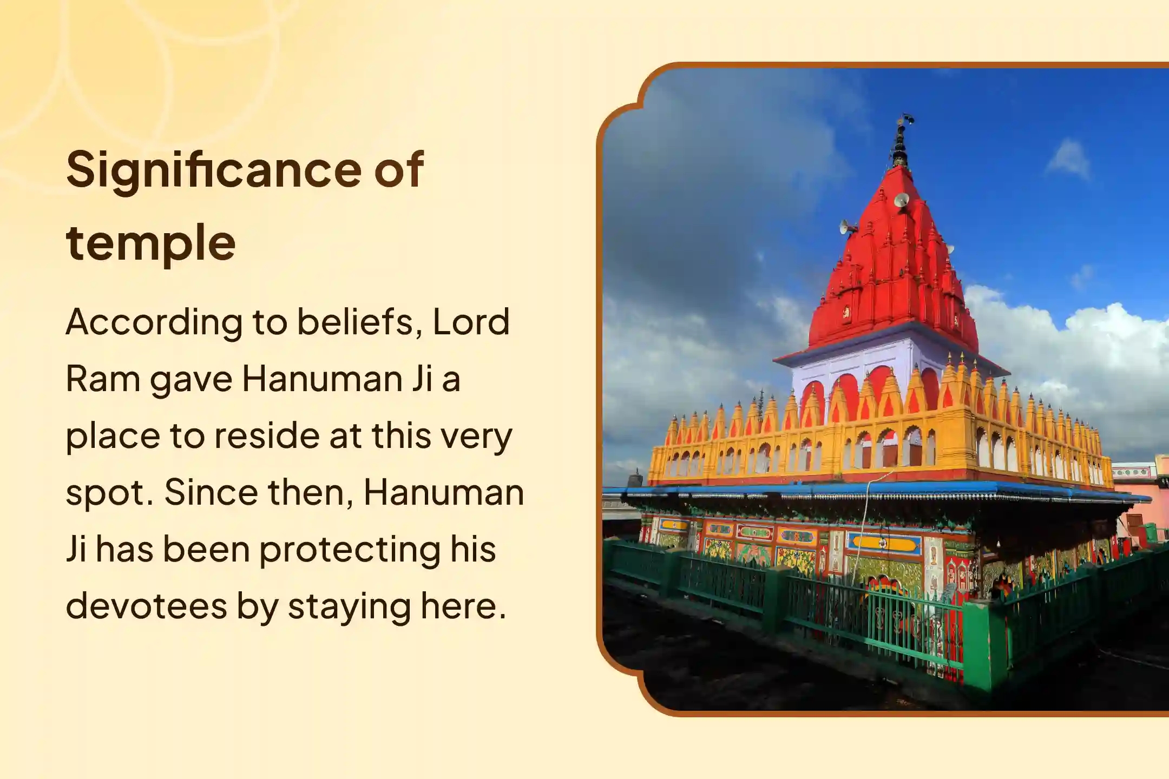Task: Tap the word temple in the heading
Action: [x=150, y=243]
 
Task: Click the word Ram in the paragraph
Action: [x=101, y=379]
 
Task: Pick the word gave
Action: [x=191, y=380]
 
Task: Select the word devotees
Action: [x=145, y=606]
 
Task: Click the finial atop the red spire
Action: [x=901, y=142]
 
